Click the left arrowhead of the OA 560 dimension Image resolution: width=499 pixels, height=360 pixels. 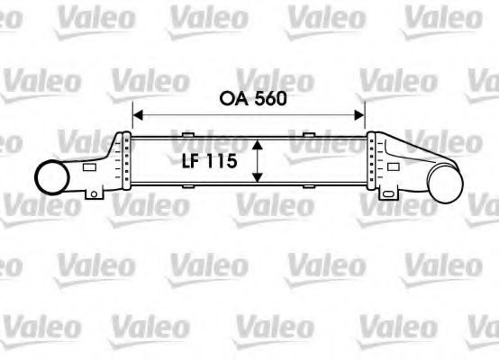(x=138, y=114)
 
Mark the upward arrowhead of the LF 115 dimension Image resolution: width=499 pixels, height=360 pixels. (x=259, y=143)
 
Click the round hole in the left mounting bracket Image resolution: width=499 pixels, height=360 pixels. (x=93, y=194)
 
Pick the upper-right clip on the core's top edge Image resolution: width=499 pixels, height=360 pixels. (x=309, y=135)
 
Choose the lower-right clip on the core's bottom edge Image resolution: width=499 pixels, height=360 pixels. (x=309, y=187)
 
